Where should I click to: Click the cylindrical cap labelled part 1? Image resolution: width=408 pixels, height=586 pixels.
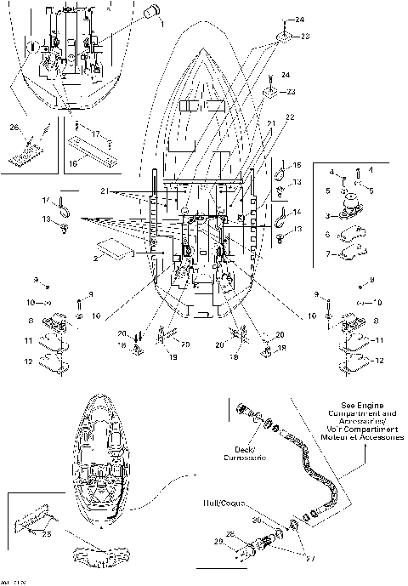(150, 12)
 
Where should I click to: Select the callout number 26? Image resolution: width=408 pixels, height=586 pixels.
(14, 128)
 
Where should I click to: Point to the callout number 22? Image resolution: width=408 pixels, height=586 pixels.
(290, 116)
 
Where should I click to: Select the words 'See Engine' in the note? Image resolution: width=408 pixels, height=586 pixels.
(366, 406)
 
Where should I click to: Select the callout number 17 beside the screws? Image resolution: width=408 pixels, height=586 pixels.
(96, 134)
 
